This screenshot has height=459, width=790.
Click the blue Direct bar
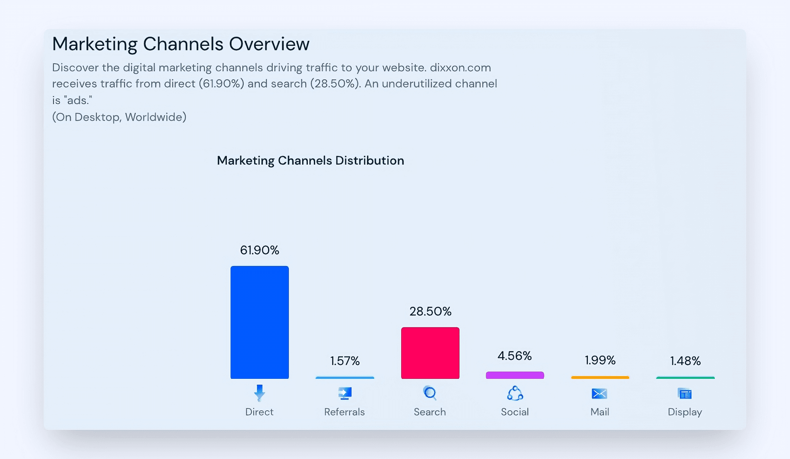(260, 322)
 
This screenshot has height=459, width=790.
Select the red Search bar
(430, 353)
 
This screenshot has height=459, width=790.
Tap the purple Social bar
(515, 375)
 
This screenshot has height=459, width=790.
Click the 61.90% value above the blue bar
(260, 250)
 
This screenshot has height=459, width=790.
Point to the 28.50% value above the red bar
(430, 311)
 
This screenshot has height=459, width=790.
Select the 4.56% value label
(515, 356)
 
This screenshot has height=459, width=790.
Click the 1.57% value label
(345, 361)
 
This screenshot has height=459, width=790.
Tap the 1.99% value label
(600, 360)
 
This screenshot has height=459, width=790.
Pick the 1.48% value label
(685, 361)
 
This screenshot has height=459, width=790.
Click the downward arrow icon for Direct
(260, 393)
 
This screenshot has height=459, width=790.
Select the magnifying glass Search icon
(430, 393)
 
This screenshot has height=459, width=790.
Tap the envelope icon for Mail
(599, 393)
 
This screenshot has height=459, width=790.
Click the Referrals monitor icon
(345, 393)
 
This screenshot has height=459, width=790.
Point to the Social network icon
(515, 393)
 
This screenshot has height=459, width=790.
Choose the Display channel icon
(685, 393)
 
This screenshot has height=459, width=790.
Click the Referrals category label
(344, 412)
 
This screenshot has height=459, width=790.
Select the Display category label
(685, 412)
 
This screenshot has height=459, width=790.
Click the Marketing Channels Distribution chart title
(310, 160)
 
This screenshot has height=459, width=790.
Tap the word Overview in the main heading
(269, 44)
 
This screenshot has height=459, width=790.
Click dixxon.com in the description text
(460, 67)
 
